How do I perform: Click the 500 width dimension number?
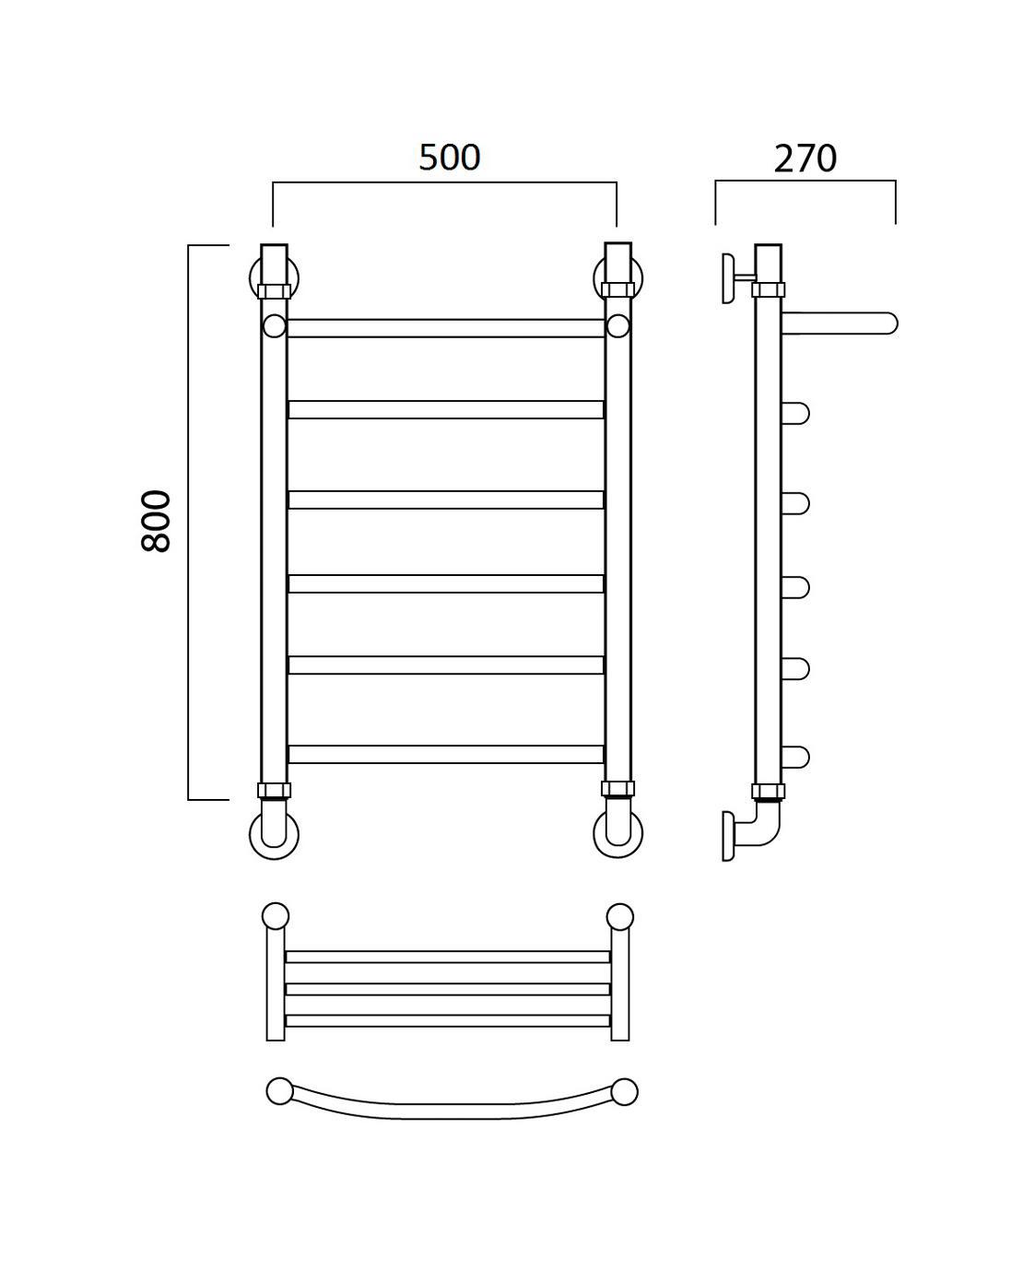tap(449, 158)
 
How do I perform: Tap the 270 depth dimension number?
tap(805, 159)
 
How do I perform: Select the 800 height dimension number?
tap(157, 521)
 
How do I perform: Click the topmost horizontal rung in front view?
tap(445, 328)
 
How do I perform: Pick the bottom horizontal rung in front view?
tap(445, 754)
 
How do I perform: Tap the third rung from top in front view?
tap(445, 500)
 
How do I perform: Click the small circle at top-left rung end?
tap(275, 326)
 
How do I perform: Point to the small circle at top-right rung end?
tap(617, 326)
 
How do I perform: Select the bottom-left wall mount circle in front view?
tap(274, 835)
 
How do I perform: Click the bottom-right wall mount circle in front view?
tap(617, 833)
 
